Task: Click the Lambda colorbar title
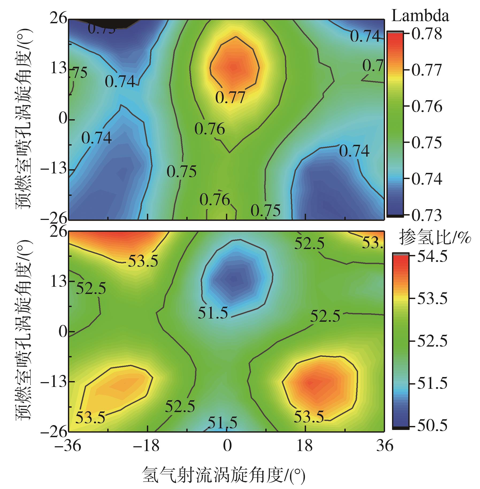tap(420, 17)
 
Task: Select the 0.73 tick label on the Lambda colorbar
tap(427, 215)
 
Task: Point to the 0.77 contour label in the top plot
tap(230, 98)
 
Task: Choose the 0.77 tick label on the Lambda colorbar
tap(427, 70)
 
